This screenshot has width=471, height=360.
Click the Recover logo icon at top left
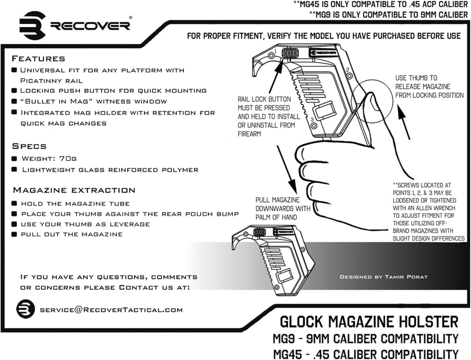pos(32,25)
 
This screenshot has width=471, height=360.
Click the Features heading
pos(38,59)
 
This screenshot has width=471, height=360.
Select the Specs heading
pos(29,146)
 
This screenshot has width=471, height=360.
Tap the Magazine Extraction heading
pos(74,190)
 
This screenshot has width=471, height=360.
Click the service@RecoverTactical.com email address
pos(111,310)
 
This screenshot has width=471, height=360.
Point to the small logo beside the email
pos(26,309)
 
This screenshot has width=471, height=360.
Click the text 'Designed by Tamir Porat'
pos(383,277)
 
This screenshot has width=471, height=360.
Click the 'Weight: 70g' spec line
pos(49,159)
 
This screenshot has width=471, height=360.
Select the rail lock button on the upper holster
pos(290,53)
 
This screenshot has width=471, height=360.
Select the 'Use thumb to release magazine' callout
pos(429,86)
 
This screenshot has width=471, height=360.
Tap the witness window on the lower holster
pos(284,276)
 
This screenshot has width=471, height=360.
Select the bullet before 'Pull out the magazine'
pos(15,234)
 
